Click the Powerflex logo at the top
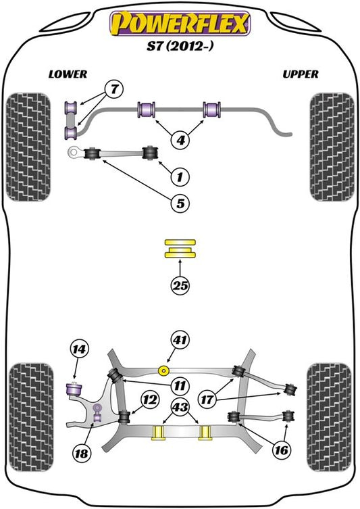click(x=180, y=23)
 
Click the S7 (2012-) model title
click(x=180, y=46)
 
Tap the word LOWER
click(x=68, y=74)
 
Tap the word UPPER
click(x=301, y=74)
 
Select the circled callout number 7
click(x=114, y=89)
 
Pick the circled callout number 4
click(x=180, y=140)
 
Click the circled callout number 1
click(x=180, y=177)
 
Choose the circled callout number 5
click(x=180, y=203)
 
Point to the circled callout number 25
click(x=180, y=286)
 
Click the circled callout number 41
click(x=180, y=340)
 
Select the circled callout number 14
click(x=79, y=349)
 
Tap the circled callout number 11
click(x=180, y=386)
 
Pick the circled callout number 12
click(x=150, y=399)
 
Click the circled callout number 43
click(x=180, y=406)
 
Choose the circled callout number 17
click(x=207, y=399)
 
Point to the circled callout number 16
click(x=281, y=450)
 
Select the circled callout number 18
click(x=81, y=453)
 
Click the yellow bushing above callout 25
click(x=180, y=249)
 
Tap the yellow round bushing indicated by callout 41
click(x=163, y=370)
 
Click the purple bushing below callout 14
click(x=74, y=389)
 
